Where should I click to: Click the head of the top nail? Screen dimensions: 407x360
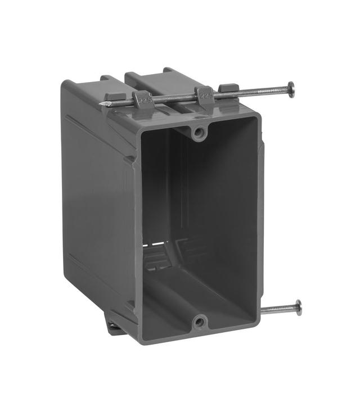pyautogui.click(x=291, y=89)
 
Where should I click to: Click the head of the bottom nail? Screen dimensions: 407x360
pyautogui.click(x=298, y=307)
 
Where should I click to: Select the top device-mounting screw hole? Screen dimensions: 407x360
pyautogui.click(x=198, y=133)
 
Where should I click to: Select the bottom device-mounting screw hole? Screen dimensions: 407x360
pyautogui.click(x=199, y=322)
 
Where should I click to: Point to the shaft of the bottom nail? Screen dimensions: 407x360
pyautogui.click(x=278, y=309)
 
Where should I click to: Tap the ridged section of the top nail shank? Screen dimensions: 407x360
pyautogui.click(x=264, y=91)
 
